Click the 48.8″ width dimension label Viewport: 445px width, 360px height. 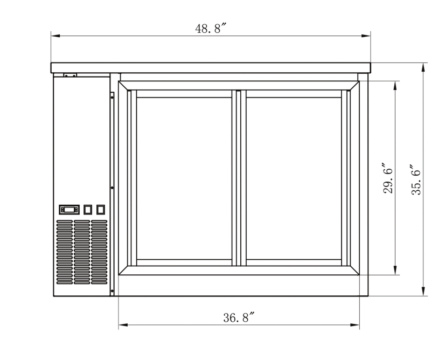[x=210, y=29]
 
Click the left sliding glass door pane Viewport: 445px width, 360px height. [x=184, y=178]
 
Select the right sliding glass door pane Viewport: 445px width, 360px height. [x=294, y=178]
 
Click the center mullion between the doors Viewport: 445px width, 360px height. [x=239, y=178]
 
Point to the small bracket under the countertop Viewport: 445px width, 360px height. [x=70, y=75]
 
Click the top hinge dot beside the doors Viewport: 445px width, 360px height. [x=112, y=97]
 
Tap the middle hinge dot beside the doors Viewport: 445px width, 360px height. [x=112, y=188]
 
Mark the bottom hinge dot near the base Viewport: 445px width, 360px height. [x=112, y=292]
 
